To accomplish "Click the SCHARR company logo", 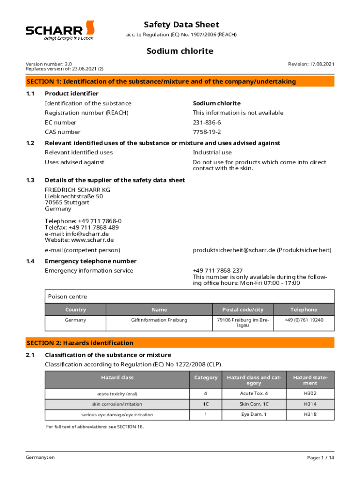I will coord(60,30).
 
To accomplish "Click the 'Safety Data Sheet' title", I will coord(181,25).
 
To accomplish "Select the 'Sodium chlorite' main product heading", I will coord(180,51).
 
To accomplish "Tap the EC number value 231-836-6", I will coord(207,123).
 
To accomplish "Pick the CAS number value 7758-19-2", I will coord(207,132).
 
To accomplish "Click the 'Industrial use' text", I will coord(212,152).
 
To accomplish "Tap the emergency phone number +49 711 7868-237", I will coord(218,271).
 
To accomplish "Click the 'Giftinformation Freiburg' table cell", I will coord(159,320).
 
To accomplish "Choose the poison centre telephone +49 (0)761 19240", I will coord(304,320).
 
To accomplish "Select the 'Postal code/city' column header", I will coord(243,310).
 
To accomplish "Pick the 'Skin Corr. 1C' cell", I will coord(254,404).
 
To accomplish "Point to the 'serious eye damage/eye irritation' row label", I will coord(117,414).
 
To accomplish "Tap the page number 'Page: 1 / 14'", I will coord(321,457).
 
